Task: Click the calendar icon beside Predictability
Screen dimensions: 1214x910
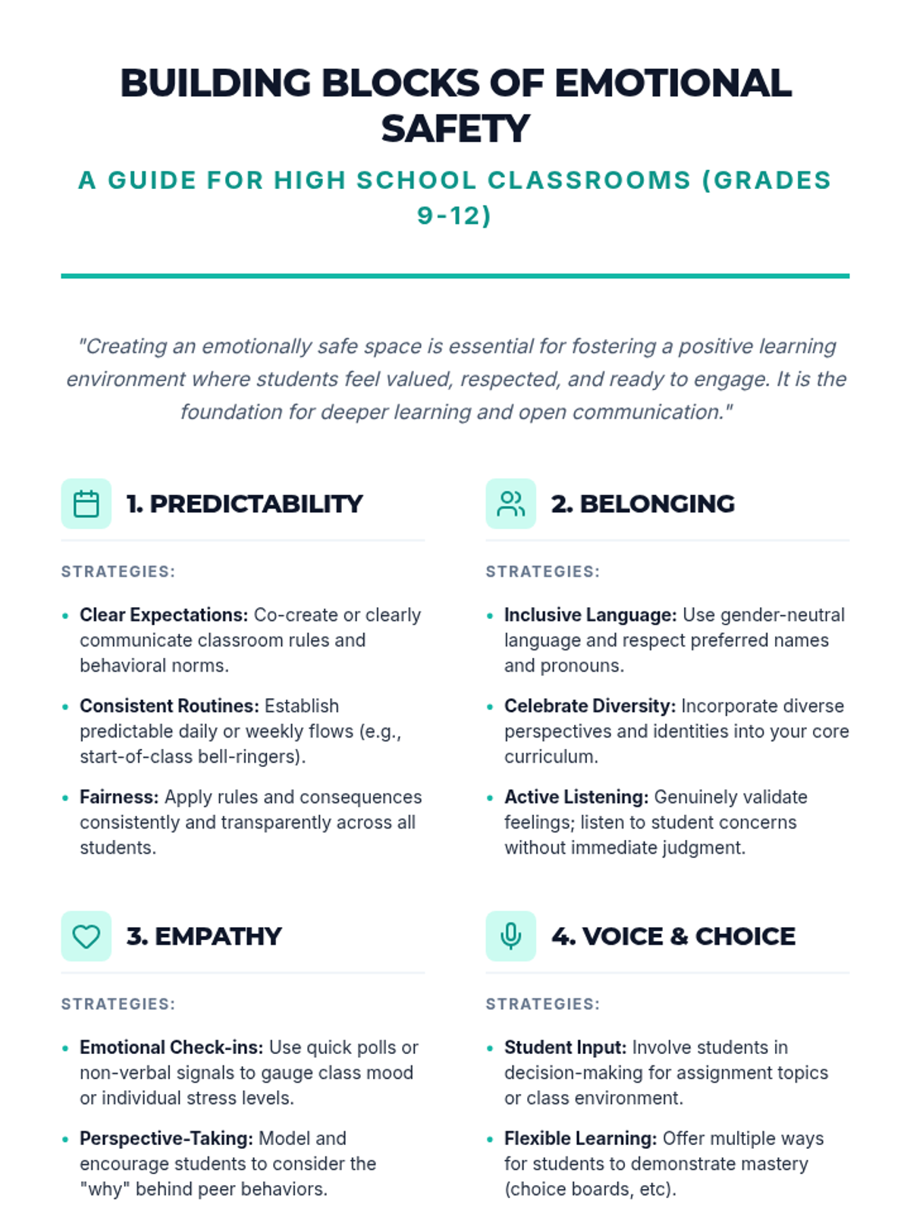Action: (x=86, y=504)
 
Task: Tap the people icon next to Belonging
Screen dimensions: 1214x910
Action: (x=511, y=504)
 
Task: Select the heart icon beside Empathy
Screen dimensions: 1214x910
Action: (x=86, y=936)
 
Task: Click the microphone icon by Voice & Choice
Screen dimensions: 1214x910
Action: (x=511, y=936)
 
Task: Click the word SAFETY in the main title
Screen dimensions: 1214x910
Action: (x=455, y=128)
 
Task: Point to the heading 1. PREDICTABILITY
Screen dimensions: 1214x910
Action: (x=244, y=504)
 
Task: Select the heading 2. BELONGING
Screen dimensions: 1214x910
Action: (x=642, y=504)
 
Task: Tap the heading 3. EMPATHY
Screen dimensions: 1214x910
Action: (x=203, y=936)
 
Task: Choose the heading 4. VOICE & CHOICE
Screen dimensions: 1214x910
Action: (x=673, y=936)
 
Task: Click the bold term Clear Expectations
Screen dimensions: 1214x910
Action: (x=164, y=615)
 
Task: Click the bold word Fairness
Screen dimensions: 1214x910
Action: (x=119, y=797)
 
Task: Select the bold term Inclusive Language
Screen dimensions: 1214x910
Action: (x=590, y=615)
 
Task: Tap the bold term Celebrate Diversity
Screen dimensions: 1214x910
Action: (x=589, y=706)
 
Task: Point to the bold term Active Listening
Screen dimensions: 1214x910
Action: (x=576, y=797)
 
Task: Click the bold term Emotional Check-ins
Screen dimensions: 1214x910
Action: (x=171, y=1047)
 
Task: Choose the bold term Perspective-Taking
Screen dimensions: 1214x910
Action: (x=166, y=1138)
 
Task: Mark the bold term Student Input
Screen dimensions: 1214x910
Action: (x=565, y=1047)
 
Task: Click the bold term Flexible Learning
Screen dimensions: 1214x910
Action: (x=580, y=1138)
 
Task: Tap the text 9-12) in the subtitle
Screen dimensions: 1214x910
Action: (x=454, y=215)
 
